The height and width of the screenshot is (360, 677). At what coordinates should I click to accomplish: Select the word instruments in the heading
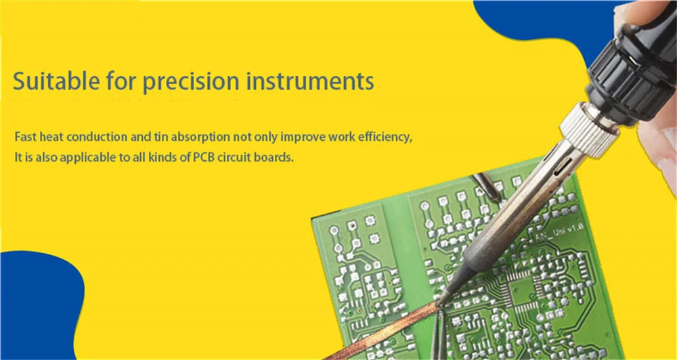coord(311,81)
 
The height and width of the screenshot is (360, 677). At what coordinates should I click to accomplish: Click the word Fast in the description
coord(26,137)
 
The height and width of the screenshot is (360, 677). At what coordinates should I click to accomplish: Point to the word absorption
coord(200,137)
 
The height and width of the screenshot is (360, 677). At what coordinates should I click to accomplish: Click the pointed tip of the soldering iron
coord(439,302)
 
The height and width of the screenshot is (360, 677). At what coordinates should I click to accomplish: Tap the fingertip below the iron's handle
coord(659,147)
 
